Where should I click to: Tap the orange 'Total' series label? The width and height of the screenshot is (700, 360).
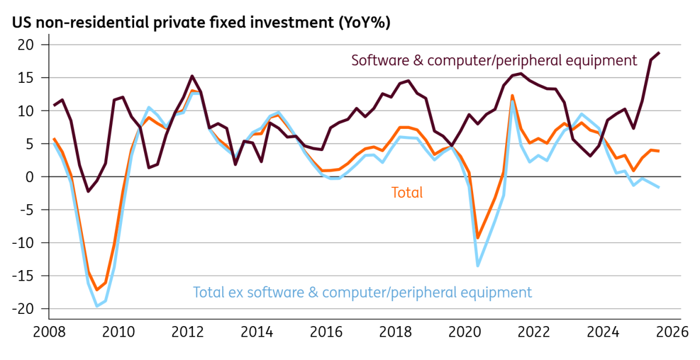pos(407,193)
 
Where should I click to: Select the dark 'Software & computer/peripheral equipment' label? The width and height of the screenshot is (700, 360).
pos(494,60)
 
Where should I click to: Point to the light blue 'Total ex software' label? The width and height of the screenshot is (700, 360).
pos(362,292)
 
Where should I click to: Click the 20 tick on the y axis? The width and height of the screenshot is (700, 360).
pos(26,45)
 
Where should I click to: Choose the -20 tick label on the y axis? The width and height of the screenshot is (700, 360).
pos(23,309)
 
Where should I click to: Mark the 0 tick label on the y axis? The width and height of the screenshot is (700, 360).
pos(29,177)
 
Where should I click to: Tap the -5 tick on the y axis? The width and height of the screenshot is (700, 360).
pos(27,210)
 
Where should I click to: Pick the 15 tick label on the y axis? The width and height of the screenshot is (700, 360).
pos(26,78)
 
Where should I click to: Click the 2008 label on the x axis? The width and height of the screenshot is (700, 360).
pos(49,332)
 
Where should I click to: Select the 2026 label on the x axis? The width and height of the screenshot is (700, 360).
pos(672,332)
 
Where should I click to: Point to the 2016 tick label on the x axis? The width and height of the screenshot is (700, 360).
pos(326,332)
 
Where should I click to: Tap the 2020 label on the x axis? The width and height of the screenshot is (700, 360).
pos(465,332)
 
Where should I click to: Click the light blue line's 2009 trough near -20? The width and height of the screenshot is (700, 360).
pos(97,306)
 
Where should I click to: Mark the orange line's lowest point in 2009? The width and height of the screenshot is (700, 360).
pos(97,289)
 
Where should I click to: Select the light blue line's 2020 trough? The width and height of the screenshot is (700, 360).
pos(478,265)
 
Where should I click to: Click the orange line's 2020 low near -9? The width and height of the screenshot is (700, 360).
pos(478,238)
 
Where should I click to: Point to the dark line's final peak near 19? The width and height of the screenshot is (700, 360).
pos(659,53)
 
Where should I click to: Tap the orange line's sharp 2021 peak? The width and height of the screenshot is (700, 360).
pos(512,96)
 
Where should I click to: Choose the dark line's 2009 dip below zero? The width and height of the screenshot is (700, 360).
pos(88,191)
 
